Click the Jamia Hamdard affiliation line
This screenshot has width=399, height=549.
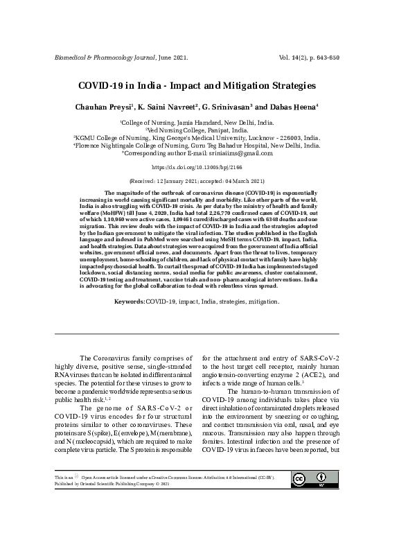tap(199, 121)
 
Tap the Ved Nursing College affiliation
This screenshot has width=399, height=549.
tap(199, 130)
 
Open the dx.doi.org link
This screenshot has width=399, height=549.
tap(199, 167)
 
